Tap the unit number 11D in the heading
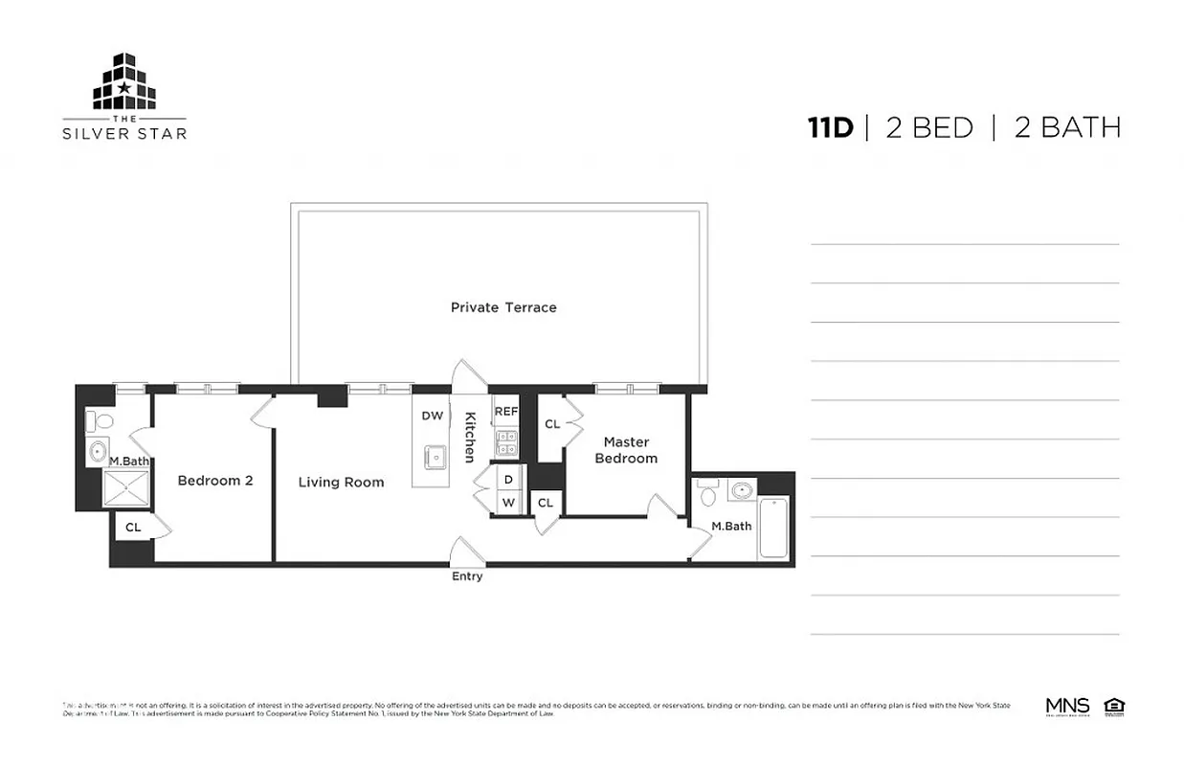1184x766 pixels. pyautogui.click(x=829, y=127)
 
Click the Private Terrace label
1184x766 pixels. pyautogui.click(x=503, y=307)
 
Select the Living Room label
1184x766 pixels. pyautogui.click(x=341, y=482)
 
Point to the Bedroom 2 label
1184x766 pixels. pyautogui.click(x=215, y=480)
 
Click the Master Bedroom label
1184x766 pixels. pyautogui.click(x=626, y=450)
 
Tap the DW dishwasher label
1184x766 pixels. pyautogui.click(x=433, y=416)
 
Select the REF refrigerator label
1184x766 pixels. pyautogui.click(x=505, y=411)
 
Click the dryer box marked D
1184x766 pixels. pyautogui.click(x=508, y=479)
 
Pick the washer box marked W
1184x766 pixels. pyautogui.click(x=508, y=502)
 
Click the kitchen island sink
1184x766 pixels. pyautogui.click(x=436, y=458)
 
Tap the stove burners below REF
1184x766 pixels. pyautogui.click(x=505, y=441)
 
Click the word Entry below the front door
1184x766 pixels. pyautogui.click(x=467, y=576)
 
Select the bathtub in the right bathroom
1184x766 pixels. pyautogui.click(x=773, y=527)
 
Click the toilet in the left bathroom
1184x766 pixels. pyautogui.click(x=100, y=420)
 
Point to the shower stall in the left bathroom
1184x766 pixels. pyautogui.click(x=121, y=488)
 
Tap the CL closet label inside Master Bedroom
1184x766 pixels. pyautogui.click(x=552, y=424)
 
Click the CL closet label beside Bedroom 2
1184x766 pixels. pyautogui.click(x=133, y=527)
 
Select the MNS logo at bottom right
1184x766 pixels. pyautogui.click(x=1067, y=707)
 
